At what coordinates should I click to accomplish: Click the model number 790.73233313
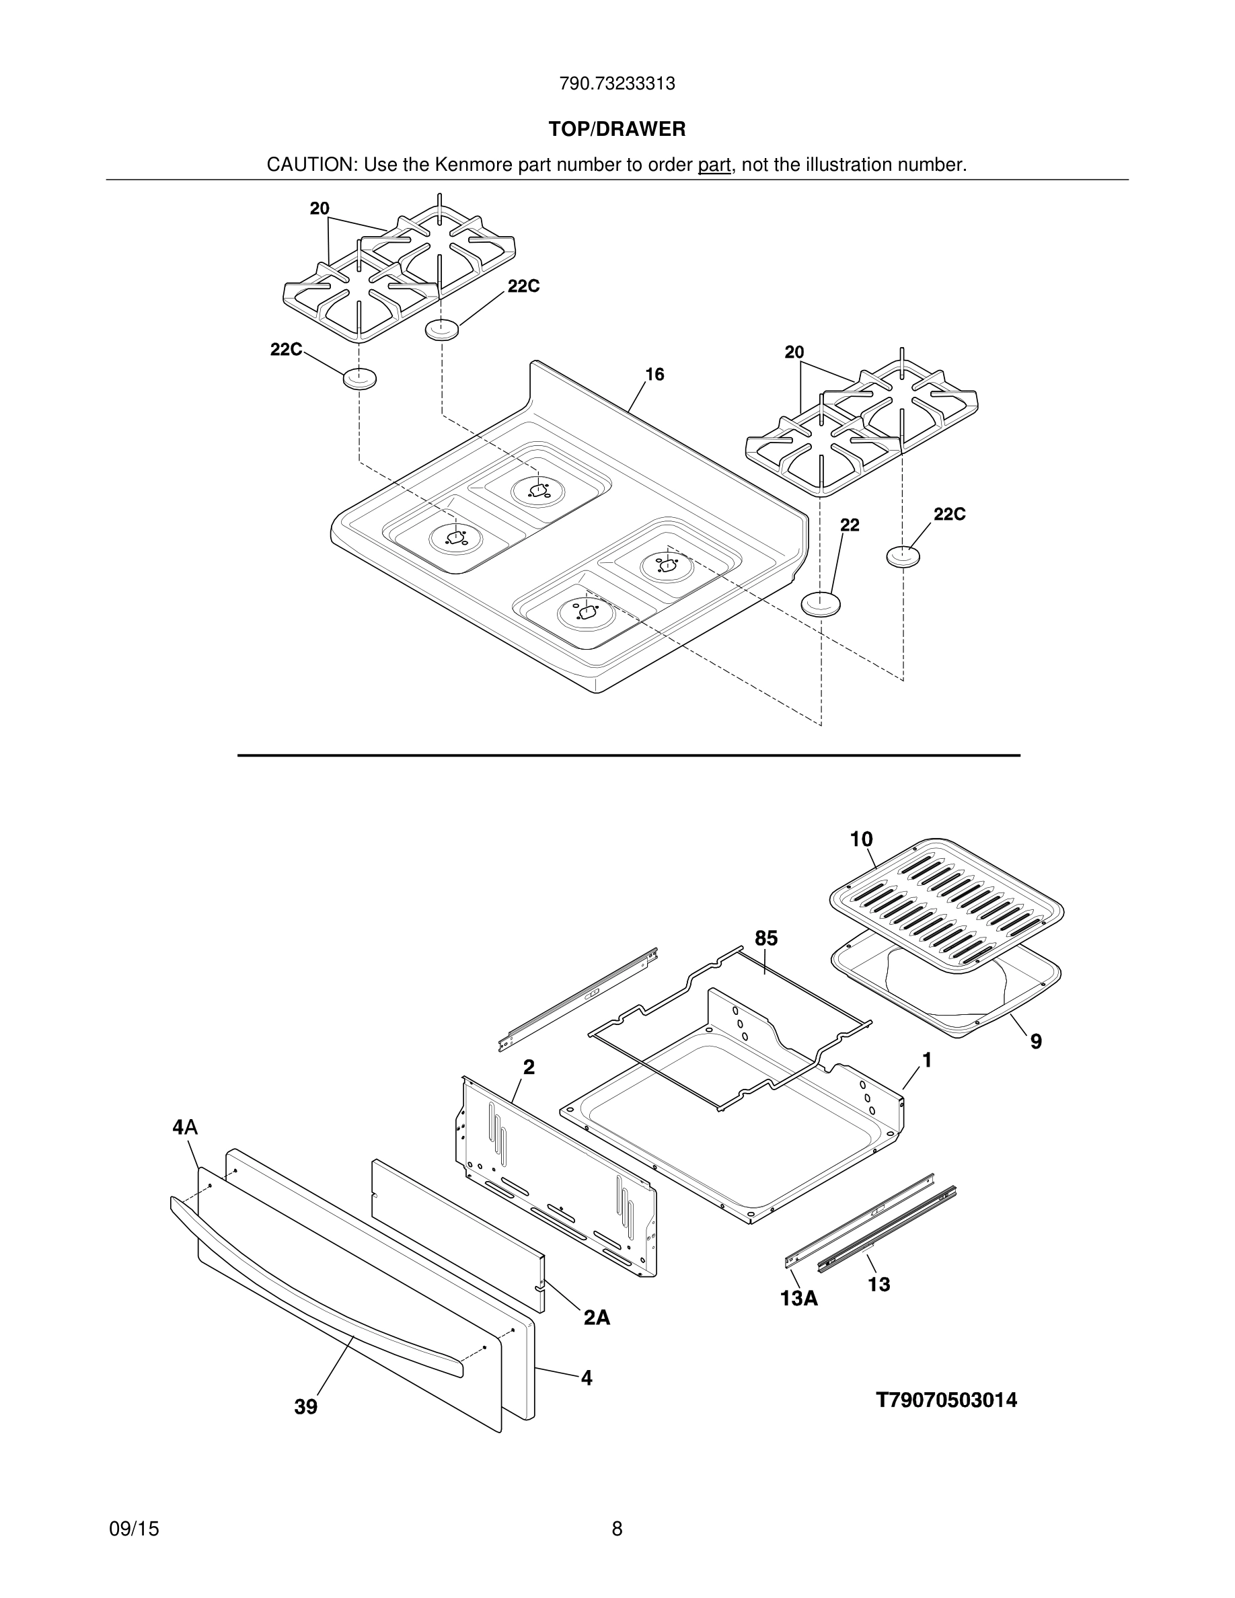617,84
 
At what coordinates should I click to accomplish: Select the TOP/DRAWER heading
617,130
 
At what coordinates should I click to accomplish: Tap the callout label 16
654,375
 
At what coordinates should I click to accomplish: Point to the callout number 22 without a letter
850,525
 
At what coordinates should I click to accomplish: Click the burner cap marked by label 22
821,605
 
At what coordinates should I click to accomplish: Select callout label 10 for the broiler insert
861,839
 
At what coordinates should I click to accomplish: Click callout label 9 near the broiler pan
1036,1042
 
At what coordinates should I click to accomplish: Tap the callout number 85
766,938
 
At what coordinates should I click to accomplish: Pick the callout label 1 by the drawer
927,1060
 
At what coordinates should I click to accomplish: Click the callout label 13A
798,1299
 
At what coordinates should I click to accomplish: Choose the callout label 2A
596,1318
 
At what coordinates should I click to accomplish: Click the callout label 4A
185,1127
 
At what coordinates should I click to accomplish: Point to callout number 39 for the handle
306,1407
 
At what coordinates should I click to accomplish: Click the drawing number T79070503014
946,1400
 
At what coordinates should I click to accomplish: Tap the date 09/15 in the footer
134,1529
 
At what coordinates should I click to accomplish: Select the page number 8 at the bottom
617,1529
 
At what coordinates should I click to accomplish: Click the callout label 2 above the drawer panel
528,1067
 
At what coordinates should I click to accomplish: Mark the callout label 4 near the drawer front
586,1379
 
